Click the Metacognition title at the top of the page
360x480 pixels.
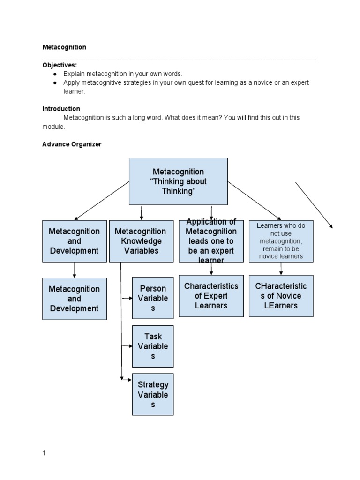[64, 47]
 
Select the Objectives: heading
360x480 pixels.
[60, 65]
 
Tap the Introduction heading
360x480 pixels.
[61, 108]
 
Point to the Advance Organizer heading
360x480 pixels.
[72, 144]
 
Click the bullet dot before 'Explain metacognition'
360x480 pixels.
[55, 74]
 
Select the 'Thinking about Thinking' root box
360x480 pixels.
[178, 181]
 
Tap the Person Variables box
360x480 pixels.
[153, 298]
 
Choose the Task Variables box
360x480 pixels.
[153, 346]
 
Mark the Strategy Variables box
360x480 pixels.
[153, 394]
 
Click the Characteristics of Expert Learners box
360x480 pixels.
[211, 296]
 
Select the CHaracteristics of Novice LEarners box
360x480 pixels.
[281, 296]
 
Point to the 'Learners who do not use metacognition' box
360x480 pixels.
[281, 241]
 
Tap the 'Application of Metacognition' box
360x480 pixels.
[211, 241]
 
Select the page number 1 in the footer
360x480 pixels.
[44, 453]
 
